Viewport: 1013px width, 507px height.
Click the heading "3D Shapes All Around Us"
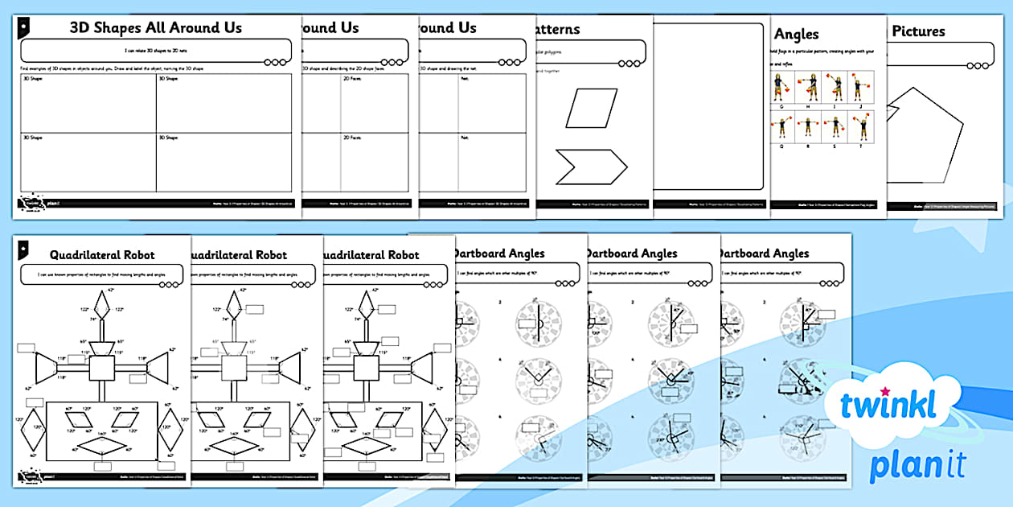pyautogui.click(x=155, y=27)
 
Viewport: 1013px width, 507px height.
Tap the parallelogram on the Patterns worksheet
pyautogui.click(x=591, y=109)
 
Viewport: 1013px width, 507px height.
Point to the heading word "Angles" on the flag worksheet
pyautogui.click(x=796, y=34)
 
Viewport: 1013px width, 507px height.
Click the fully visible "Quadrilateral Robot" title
pyautogui.click(x=101, y=255)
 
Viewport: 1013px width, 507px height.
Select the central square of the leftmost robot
pyautogui.click(x=104, y=369)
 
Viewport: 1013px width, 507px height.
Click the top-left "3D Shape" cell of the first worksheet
pyautogui.click(x=88, y=103)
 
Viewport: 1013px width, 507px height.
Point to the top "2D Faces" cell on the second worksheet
pyautogui.click(x=374, y=103)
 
